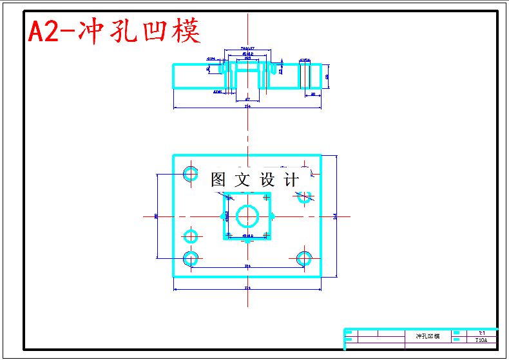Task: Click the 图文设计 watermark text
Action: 254,180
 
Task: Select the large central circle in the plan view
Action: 247,215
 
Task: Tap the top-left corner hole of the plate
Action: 190,173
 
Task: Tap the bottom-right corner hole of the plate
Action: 304,258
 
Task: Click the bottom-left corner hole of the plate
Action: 190,258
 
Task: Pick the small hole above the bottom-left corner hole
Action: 190,235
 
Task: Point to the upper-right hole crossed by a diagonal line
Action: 305,196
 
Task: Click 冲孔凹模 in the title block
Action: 427,337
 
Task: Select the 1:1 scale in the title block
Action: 481,333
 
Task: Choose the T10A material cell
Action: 481,340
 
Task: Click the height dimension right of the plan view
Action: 334,216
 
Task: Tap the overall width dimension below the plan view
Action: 247,287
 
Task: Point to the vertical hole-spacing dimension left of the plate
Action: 157,216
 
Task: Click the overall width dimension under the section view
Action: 247,106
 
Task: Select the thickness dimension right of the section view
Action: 327,76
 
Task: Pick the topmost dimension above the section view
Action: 247,48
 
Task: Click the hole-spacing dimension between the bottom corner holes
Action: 247,265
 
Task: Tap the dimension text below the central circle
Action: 247,236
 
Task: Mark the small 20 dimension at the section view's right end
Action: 313,94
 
